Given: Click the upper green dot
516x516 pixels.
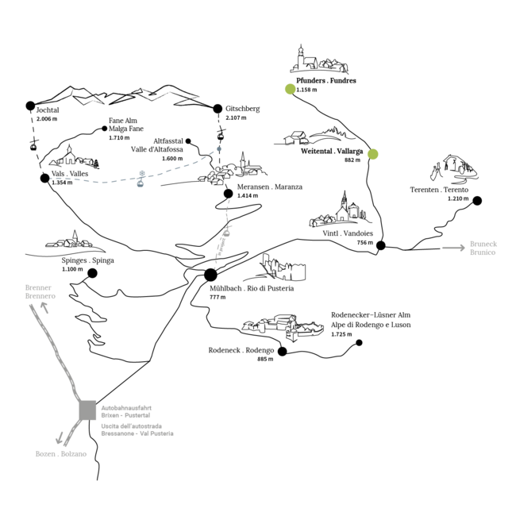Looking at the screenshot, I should tap(290, 89).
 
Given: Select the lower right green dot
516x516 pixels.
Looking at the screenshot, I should tap(372, 154).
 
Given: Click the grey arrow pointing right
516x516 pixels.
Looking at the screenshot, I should tap(453, 248).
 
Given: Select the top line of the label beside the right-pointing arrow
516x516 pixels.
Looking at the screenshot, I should tap(483, 244).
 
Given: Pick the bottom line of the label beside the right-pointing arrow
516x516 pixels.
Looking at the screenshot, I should tap(482, 252).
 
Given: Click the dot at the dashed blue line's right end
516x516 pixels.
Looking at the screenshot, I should tap(219, 148).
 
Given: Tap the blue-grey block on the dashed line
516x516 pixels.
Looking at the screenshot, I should tap(141, 178).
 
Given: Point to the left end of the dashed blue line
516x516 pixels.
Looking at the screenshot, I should tap(52, 179).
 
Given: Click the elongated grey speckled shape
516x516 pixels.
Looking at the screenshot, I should tap(222, 237).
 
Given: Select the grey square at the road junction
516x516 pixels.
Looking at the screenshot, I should tap(87, 410).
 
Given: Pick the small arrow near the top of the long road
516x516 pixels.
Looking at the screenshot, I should tap(44, 306).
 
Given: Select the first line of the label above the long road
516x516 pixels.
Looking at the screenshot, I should tap(37, 288).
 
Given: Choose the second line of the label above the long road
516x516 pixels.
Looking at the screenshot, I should tap(40, 296).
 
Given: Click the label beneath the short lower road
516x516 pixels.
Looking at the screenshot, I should tap(60, 454).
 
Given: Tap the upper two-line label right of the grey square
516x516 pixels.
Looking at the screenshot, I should tap(125, 411).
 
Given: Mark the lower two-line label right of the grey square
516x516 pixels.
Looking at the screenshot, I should tap(137, 429).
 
